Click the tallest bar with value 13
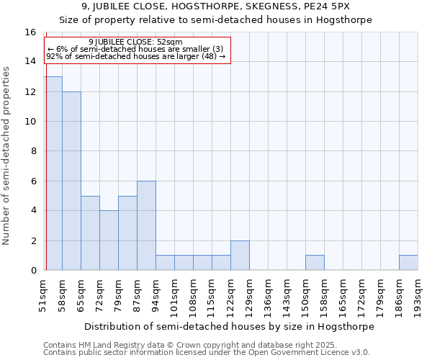(x=53, y=173)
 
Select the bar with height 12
(x=71, y=181)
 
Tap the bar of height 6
(x=146, y=225)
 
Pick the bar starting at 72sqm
(x=109, y=240)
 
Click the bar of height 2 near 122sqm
(x=240, y=255)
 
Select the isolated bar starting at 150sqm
(x=315, y=263)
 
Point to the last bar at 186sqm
(x=408, y=263)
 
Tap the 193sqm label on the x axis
(x=418, y=295)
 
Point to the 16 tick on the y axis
(x=31, y=32)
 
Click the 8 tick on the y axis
(x=33, y=151)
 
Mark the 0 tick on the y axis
(x=33, y=270)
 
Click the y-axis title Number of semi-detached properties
(x=6, y=156)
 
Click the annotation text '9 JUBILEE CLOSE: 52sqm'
(x=135, y=42)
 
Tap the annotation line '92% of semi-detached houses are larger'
(x=135, y=56)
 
